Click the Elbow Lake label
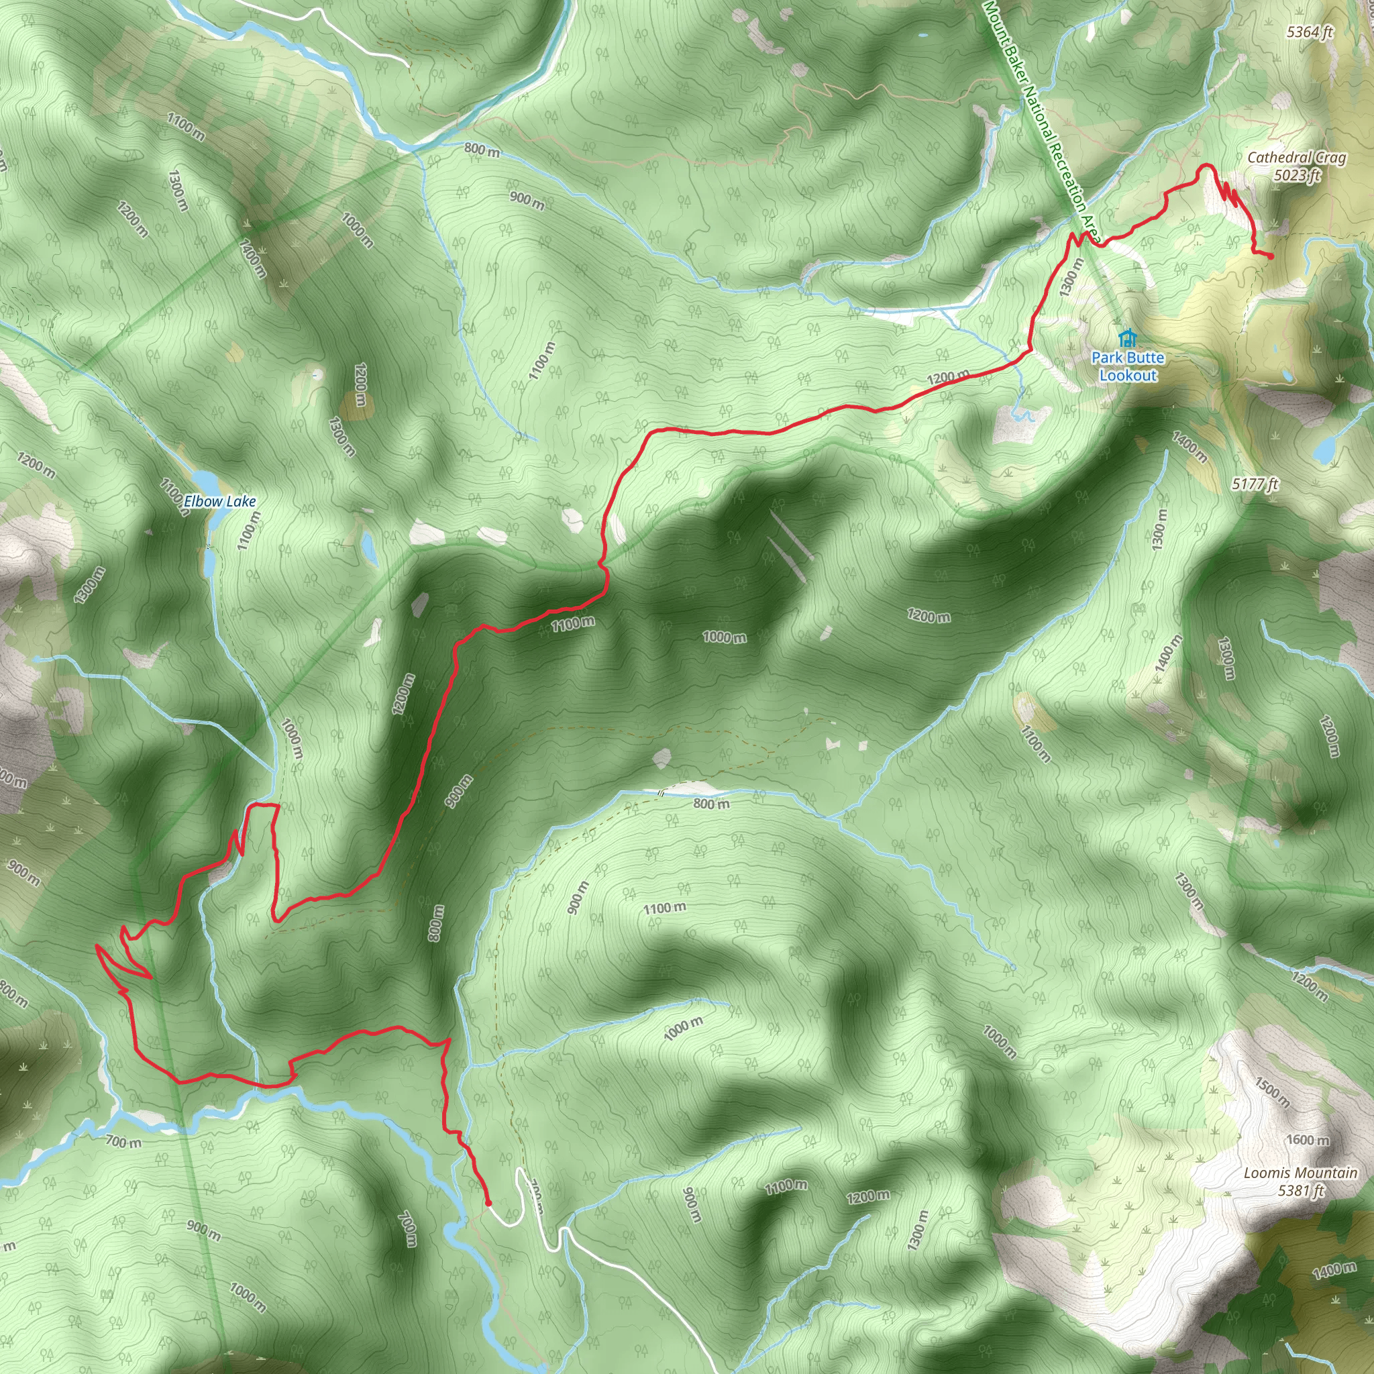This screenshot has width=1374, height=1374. (x=220, y=501)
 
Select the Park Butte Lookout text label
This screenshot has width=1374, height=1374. (x=1128, y=366)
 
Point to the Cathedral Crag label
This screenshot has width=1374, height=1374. (x=1296, y=158)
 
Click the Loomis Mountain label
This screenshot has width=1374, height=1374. (x=1300, y=1173)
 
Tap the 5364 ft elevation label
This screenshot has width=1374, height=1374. (x=1310, y=32)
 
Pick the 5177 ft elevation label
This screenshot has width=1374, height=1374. (x=1255, y=484)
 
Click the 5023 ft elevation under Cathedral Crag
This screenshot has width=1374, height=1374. (x=1298, y=175)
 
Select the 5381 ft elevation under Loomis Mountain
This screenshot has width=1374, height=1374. (x=1301, y=1191)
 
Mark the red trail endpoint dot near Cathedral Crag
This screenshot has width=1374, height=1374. (x=1270, y=256)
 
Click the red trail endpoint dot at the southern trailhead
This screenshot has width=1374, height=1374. (x=488, y=1203)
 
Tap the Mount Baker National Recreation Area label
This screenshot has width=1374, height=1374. (x=1042, y=121)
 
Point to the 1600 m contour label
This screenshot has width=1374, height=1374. (x=1307, y=1140)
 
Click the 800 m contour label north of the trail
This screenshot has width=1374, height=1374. (x=482, y=150)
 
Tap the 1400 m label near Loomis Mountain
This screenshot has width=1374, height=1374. (x=1334, y=1270)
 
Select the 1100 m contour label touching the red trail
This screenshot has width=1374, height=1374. (x=573, y=624)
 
